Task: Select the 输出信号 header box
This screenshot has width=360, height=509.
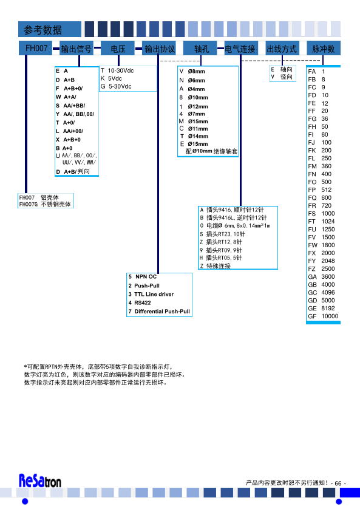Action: pyautogui.click(x=76, y=49)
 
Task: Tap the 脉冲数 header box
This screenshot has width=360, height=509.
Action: pyautogui.click(x=324, y=49)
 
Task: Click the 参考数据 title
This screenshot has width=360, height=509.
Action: pyautogui.click(x=42, y=30)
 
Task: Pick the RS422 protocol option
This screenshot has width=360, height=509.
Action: pyautogui.click(x=143, y=302)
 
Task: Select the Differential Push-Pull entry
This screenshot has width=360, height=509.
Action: pyautogui.click(x=162, y=312)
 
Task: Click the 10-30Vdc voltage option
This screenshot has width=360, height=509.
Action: pyautogui.click(x=121, y=71)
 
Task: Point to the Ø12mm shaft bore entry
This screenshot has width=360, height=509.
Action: pyautogui.click(x=198, y=106)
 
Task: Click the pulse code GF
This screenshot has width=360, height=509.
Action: pyautogui.click(x=312, y=316)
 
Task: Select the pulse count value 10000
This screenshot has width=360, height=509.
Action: pyautogui.click(x=330, y=316)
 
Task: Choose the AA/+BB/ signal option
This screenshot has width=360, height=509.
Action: pyautogui.click(x=74, y=106)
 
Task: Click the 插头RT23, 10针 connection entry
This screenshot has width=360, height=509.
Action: pyautogui.click(x=226, y=234)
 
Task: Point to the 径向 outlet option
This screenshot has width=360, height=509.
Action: pyautogui.click(x=287, y=77)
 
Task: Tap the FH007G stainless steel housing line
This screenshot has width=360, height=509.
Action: pyautogui.click(x=45, y=204)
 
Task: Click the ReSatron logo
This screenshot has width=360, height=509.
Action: pyautogui.click(x=40, y=481)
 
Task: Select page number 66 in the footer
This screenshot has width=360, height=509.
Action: pyautogui.click(x=338, y=483)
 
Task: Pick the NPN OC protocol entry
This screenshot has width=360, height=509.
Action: pyautogui.click(x=146, y=276)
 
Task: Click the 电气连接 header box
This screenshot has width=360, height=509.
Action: pyautogui.click(x=240, y=49)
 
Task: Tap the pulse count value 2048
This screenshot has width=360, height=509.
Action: pyautogui.click(x=328, y=261)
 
